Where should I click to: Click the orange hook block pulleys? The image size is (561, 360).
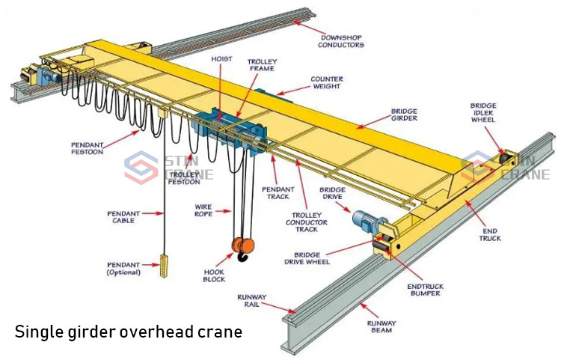(x=243, y=245)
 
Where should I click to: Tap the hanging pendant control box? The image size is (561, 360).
(x=165, y=266)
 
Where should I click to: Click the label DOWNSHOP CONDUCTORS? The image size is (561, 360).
(x=341, y=41)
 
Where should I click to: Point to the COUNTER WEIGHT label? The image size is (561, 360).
(x=327, y=82)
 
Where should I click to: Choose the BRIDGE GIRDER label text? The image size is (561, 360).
(x=404, y=115)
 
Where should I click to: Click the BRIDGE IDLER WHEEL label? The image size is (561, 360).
(x=483, y=113)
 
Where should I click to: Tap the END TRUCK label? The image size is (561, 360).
(x=490, y=235)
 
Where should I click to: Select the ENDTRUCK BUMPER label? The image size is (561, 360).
(x=426, y=290)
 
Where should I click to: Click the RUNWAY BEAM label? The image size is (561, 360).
(x=381, y=327)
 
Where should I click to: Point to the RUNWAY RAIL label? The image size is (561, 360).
(x=252, y=301)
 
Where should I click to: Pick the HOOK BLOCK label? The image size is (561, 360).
(x=214, y=275)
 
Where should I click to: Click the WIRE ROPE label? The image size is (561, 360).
(x=203, y=210)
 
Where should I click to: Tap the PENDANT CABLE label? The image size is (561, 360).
(x=123, y=217)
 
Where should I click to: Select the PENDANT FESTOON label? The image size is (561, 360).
(x=87, y=148)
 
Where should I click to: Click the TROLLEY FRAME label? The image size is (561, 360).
(x=263, y=65)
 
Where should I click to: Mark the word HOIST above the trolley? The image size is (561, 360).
(x=221, y=58)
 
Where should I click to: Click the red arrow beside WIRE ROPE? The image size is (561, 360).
(x=223, y=211)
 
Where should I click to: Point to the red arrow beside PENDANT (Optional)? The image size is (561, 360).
(x=150, y=265)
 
